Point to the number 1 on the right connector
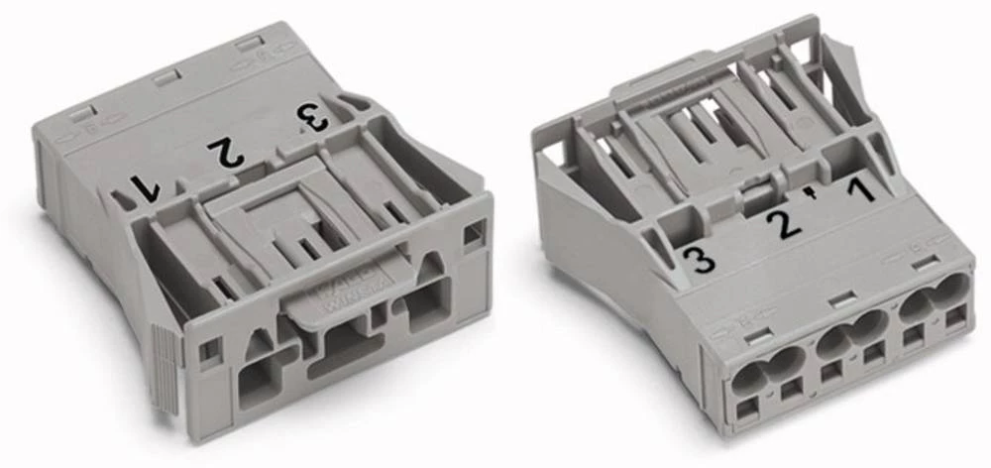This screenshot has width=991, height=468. point(863,187)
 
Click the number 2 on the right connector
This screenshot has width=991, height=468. point(786,222)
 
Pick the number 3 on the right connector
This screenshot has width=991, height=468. point(700,261)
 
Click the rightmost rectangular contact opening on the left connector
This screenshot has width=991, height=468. point(426,303)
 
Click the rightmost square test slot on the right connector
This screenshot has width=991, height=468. point(955,318)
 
